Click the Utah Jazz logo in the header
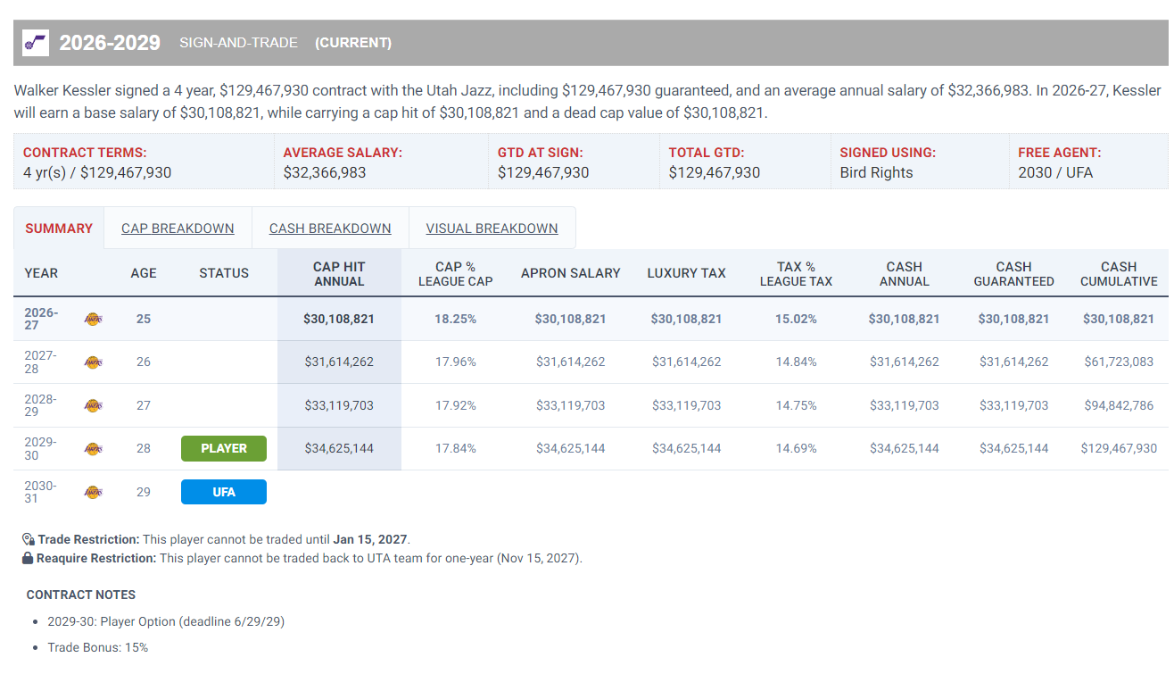coord(35,43)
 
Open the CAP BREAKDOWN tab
coord(178,229)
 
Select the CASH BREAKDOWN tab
coord(330,229)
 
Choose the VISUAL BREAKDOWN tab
coord(492,229)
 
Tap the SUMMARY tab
coord(59,229)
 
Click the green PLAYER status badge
coord(224,448)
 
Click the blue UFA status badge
coord(224,492)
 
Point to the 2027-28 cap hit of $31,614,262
coord(339,362)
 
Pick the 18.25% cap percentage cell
coord(456,319)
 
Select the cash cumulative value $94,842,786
coord(1119,405)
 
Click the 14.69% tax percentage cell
coord(796,448)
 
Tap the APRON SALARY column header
coord(570,273)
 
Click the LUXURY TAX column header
coord(686,273)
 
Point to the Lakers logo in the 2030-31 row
coord(94,492)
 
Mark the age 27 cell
coord(144,405)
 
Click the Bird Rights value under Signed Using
coord(876,172)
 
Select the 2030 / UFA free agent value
coord(1055,172)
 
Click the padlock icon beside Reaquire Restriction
coord(28,558)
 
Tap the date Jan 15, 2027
coord(370,539)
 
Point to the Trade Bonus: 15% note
coord(98,647)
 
